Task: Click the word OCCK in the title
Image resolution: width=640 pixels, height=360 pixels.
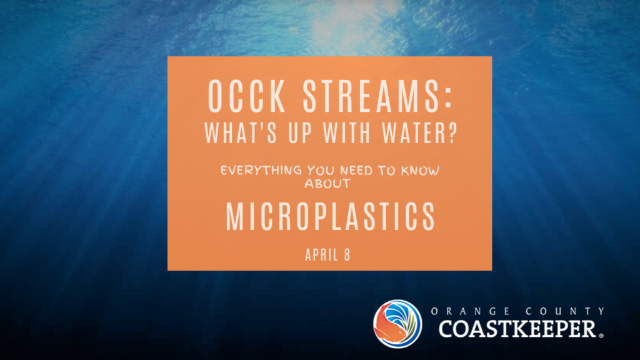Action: click(246, 96)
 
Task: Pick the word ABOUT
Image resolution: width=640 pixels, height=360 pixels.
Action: click(327, 184)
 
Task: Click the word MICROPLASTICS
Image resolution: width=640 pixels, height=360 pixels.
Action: click(331, 217)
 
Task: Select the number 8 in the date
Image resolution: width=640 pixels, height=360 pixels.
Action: click(347, 255)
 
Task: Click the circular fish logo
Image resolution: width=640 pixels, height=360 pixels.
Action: click(397, 324)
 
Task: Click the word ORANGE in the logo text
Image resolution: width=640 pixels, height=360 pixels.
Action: click(470, 311)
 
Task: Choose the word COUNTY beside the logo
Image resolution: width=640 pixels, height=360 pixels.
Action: click(565, 311)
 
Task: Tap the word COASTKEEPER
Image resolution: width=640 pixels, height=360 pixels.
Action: click(517, 329)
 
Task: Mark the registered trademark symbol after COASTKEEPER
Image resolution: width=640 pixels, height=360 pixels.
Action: click(601, 336)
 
